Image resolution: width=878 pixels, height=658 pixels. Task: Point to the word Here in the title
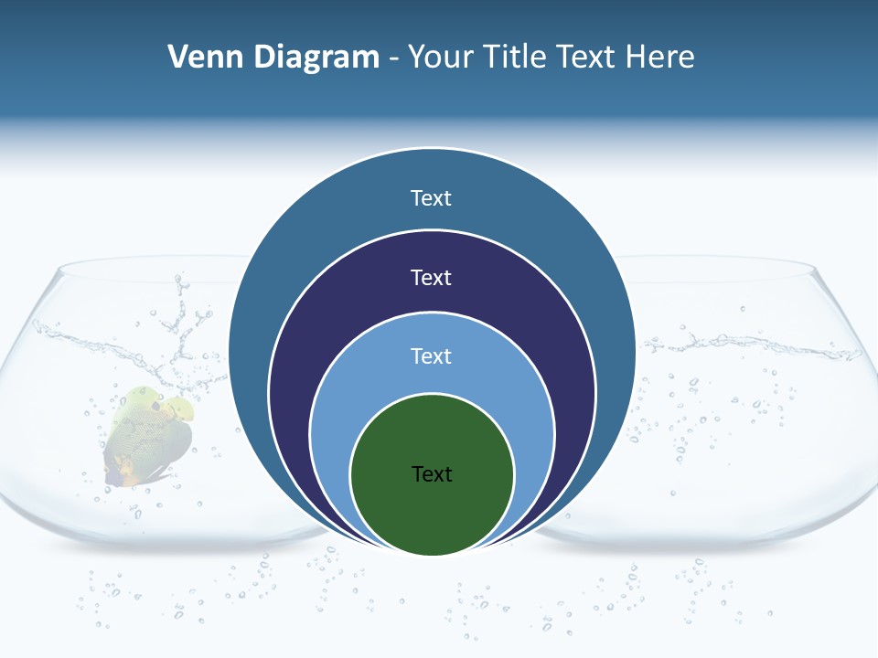pos(659,58)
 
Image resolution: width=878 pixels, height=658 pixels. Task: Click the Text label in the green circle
pos(432,474)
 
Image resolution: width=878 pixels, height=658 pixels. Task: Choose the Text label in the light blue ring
pos(432,356)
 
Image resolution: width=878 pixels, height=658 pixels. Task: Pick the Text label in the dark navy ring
pos(432,277)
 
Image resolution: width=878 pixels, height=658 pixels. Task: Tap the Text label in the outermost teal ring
pos(432,198)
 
